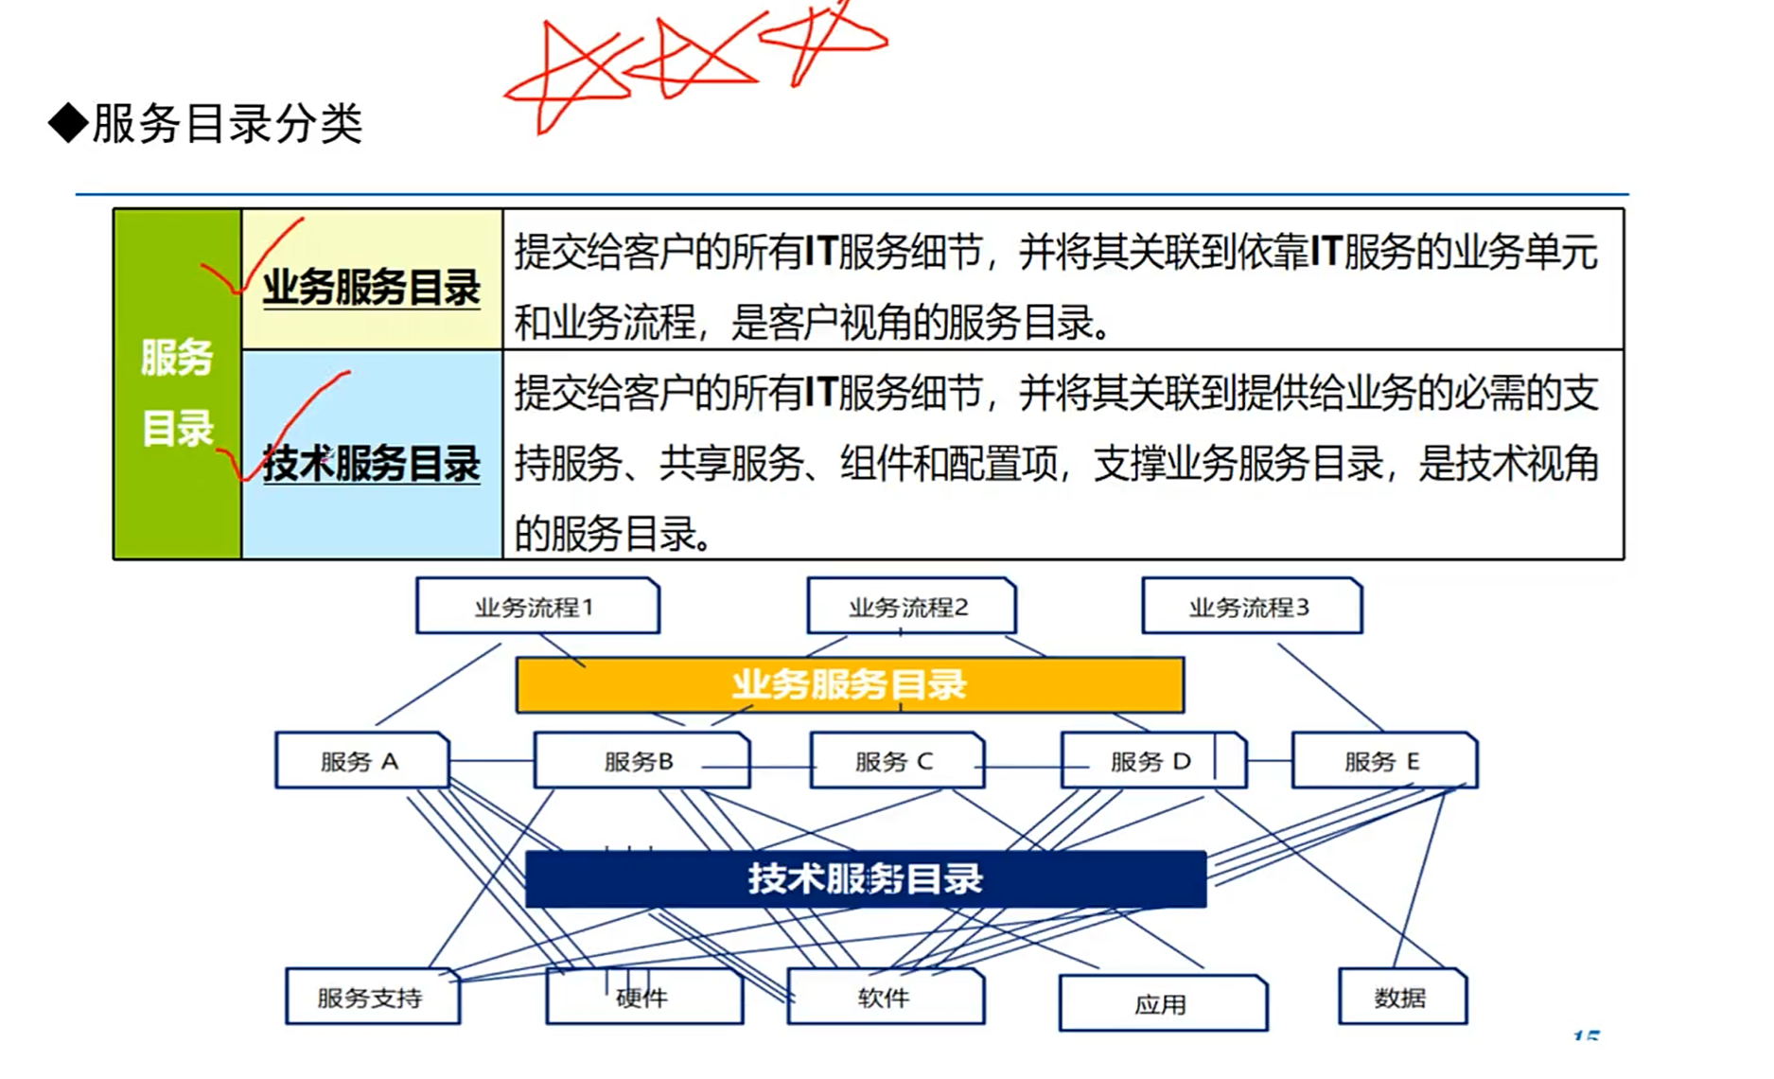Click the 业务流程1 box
pyautogui.click(x=536, y=606)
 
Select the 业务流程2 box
pyautogui.click(x=910, y=606)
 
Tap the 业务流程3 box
pyautogui.click(x=1251, y=606)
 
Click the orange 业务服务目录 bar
pyautogui.click(x=849, y=684)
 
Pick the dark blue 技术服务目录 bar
pyautogui.click(x=865, y=879)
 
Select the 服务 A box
pyautogui.click(x=360, y=760)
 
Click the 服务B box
pyautogui.click(x=641, y=760)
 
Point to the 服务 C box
pyautogui.click(x=896, y=760)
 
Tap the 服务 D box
pyautogui.click(x=1151, y=760)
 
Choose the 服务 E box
pyautogui.click(x=1383, y=760)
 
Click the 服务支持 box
pyautogui.click(x=372, y=997)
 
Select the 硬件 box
pyautogui.click(x=643, y=997)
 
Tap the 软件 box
pyautogui.click(x=885, y=997)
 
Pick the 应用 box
pyautogui.click(x=1162, y=1003)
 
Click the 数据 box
pyautogui.click(x=1401, y=997)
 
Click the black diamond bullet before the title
pyautogui.click(x=68, y=123)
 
